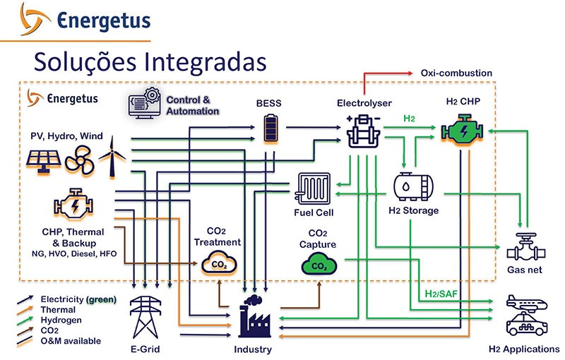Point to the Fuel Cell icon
314,189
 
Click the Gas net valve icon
525,247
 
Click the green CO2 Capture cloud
318,265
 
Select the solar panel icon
44,160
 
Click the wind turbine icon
109,155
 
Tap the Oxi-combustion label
456,73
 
